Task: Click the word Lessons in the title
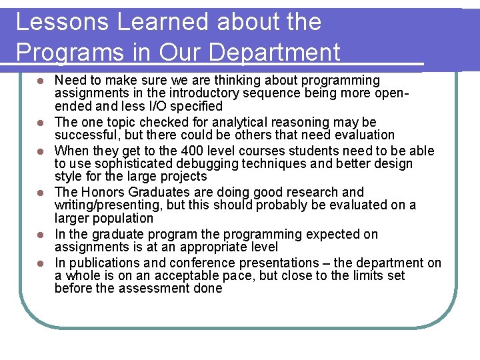coord(62,22)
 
